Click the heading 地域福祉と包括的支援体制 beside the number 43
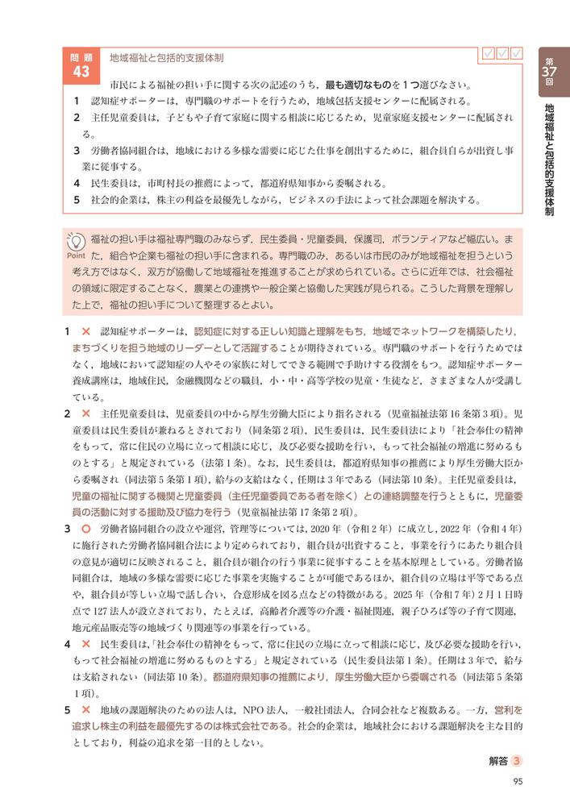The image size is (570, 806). (x=167, y=59)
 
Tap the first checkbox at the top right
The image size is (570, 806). (x=487, y=54)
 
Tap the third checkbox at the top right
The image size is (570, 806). (x=517, y=54)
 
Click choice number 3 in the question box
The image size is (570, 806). (x=76, y=150)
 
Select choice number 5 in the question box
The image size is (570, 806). (x=76, y=200)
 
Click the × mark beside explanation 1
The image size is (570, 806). (x=85, y=332)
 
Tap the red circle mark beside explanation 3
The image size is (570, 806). (x=85, y=529)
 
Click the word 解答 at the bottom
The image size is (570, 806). (x=498, y=760)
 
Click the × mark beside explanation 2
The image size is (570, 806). (x=85, y=413)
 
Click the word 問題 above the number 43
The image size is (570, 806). (x=81, y=57)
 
